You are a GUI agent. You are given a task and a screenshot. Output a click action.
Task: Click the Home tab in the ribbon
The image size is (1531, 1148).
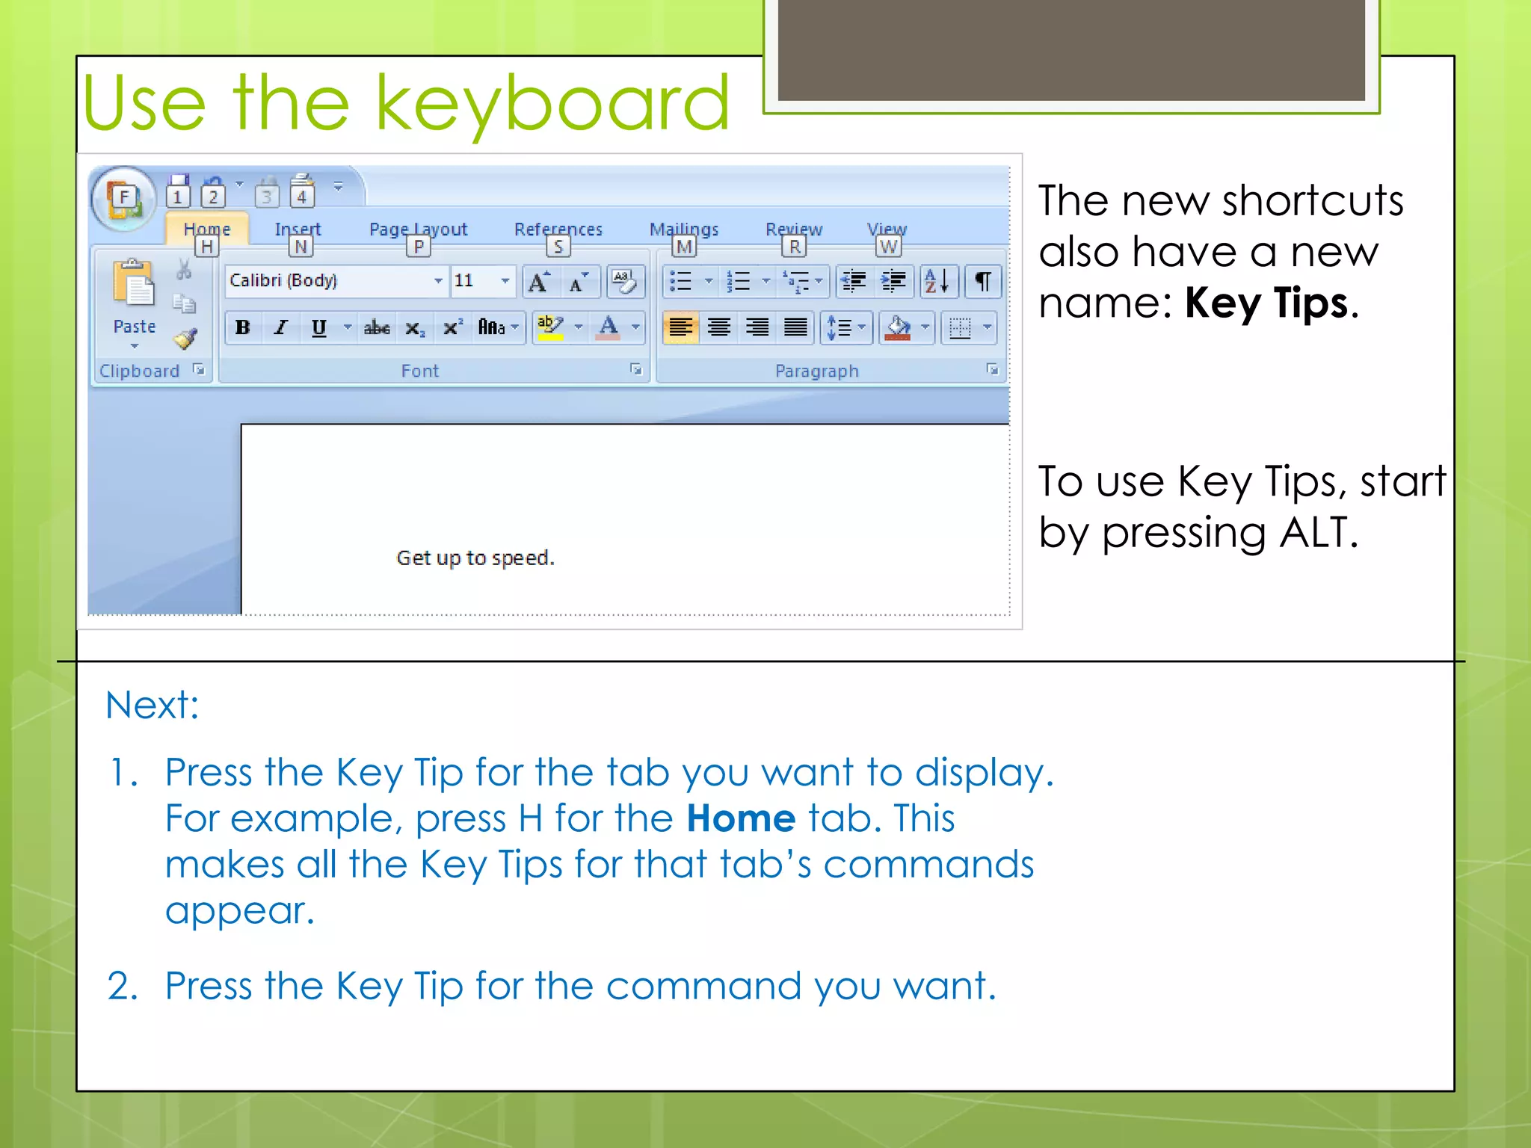tap(206, 229)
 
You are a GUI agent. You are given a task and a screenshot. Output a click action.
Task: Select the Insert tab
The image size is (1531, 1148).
tap(298, 229)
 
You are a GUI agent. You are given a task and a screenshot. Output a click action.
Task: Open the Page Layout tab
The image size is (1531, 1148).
tap(418, 229)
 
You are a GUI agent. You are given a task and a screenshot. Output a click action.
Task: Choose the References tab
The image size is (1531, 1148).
tap(558, 229)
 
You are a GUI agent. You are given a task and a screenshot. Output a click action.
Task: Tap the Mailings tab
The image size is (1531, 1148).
tap(683, 229)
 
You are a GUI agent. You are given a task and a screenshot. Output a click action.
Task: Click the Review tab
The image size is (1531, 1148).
tap(793, 229)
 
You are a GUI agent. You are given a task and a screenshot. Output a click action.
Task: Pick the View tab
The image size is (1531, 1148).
tap(887, 229)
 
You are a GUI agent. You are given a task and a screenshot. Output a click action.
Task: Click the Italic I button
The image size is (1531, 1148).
tap(281, 327)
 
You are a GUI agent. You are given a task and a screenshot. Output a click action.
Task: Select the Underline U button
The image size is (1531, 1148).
tap(319, 327)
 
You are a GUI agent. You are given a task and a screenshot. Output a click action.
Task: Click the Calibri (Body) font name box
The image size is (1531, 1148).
tap(329, 281)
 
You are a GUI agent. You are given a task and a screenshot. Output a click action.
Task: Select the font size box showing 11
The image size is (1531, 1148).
tap(474, 281)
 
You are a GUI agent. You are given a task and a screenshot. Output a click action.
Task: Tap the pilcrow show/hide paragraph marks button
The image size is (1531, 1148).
tap(982, 282)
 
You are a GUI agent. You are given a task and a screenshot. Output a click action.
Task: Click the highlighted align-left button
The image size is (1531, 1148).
tap(680, 327)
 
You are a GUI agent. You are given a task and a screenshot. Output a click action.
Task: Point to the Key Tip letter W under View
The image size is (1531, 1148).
tap(888, 247)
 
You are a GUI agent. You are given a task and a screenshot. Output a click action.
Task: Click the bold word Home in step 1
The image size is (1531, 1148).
tap(741, 818)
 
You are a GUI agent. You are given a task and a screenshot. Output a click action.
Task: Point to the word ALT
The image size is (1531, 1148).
tap(1318, 533)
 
